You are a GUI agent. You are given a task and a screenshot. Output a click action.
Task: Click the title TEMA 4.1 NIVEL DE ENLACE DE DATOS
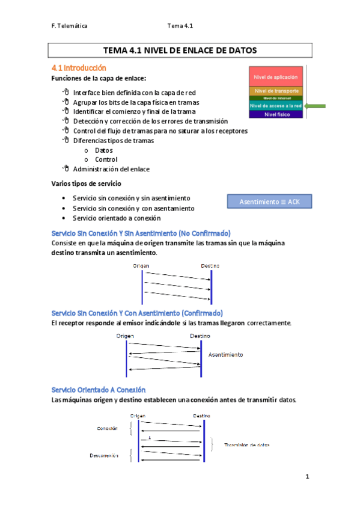[180, 51]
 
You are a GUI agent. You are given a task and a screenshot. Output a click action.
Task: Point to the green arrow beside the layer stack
[315, 106]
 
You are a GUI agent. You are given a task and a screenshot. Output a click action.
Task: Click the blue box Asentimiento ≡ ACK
[269, 201]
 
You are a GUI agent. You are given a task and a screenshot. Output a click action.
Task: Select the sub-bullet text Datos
[103, 150]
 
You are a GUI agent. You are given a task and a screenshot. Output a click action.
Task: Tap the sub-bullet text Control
[106, 159]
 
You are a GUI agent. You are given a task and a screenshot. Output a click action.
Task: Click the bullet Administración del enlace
[111, 169]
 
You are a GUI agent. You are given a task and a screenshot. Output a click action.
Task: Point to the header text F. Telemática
[69, 26]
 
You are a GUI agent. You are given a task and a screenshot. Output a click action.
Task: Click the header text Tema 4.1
[180, 26]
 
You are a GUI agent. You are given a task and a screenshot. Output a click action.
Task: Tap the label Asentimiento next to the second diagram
[225, 355]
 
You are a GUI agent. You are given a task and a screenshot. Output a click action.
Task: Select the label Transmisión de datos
[246, 445]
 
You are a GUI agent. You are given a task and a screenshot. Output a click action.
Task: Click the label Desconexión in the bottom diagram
[104, 455]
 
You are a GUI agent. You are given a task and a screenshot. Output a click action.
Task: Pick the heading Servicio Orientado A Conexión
[99, 390]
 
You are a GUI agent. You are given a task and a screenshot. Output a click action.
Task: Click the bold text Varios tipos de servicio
[87, 183]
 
